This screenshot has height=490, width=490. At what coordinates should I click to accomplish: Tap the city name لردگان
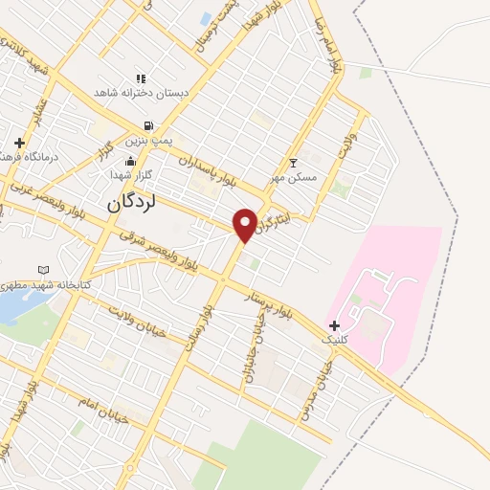(x=129, y=203)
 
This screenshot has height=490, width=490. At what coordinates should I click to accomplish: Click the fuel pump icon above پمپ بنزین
(x=147, y=125)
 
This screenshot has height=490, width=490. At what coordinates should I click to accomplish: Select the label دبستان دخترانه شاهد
(x=142, y=93)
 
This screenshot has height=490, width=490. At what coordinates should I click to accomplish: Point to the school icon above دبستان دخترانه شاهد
(x=141, y=78)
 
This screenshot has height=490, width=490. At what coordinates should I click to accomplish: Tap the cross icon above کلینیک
(x=334, y=325)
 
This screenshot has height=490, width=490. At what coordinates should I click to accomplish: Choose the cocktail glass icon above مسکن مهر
(x=293, y=163)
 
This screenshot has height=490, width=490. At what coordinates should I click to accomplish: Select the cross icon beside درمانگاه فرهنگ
(x=18, y=143)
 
